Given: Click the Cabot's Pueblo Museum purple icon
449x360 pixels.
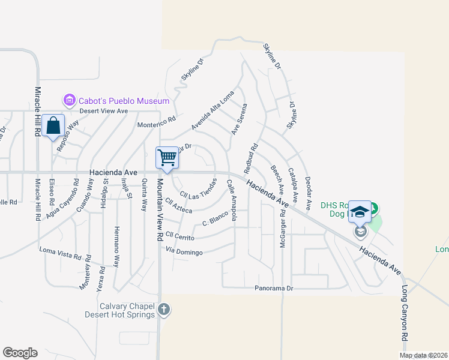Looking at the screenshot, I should pyautogui.click(x=69, y=100).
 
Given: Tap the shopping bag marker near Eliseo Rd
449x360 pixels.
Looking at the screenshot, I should pyautogui.click(x=53, y=126).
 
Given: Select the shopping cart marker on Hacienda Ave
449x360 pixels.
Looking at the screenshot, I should pyautogui.click(x=167, y=157).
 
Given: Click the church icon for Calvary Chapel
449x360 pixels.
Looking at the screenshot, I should pyautogui.click(x=164, y=310).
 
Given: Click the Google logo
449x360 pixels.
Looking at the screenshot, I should pyautogui.click(x=20, y=353).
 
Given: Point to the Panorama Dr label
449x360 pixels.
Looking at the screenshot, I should pyautogui.click(x=273, y=288).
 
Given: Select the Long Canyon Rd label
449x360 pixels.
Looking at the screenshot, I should pyautogui.click(x=405, y=321).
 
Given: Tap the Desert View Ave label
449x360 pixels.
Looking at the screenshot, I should pyautogui.click(x=104, y=111).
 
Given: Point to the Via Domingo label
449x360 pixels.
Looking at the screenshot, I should pyautogui.click(x=184, y=252).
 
